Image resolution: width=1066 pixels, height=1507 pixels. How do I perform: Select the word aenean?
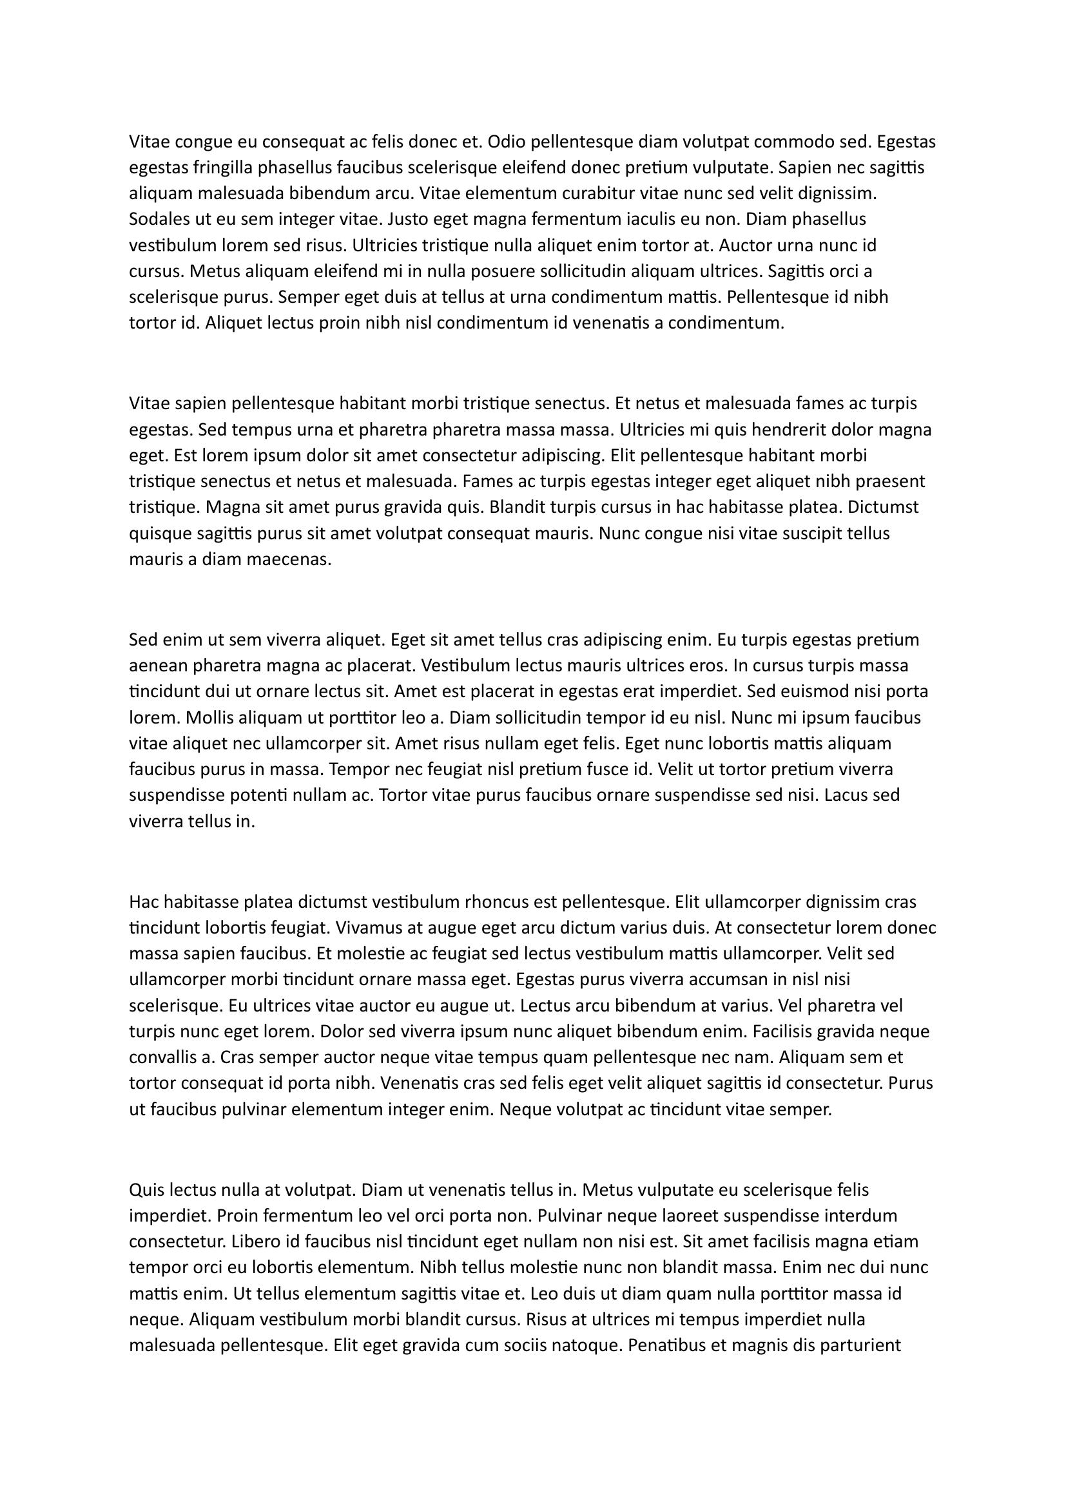click(x=155, y=666)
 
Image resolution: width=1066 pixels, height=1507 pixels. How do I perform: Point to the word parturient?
click(x=857, y=1346)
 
